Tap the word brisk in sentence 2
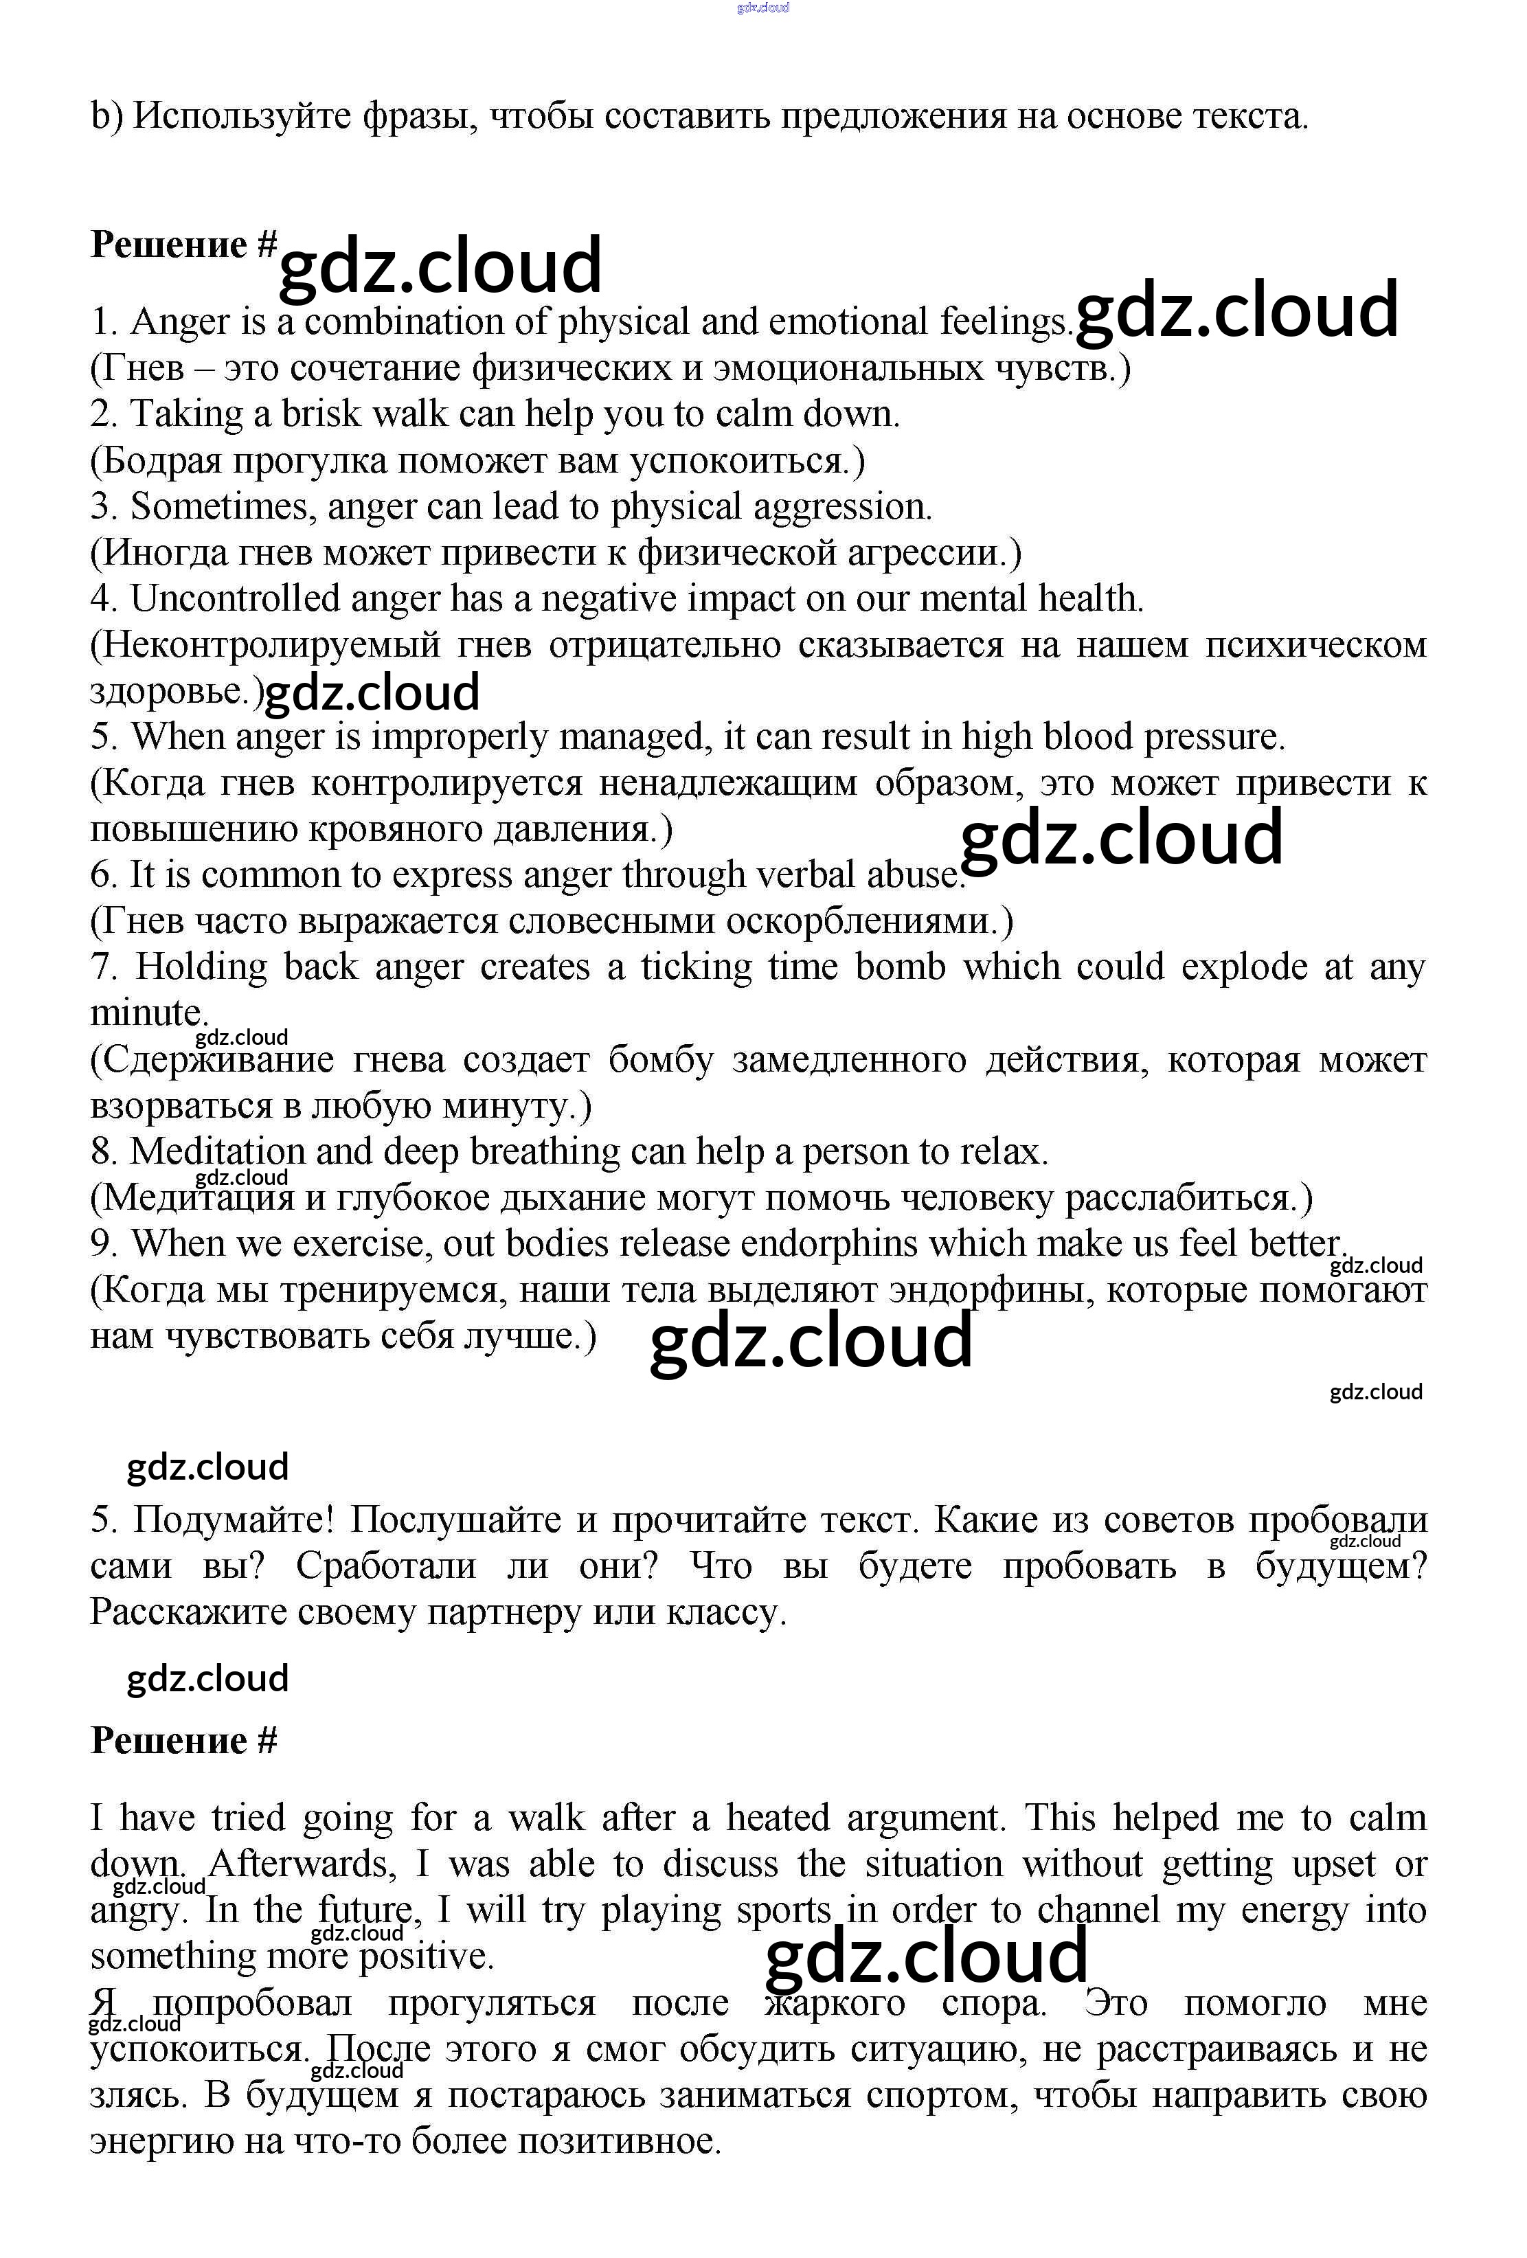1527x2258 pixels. coord(321,414)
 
